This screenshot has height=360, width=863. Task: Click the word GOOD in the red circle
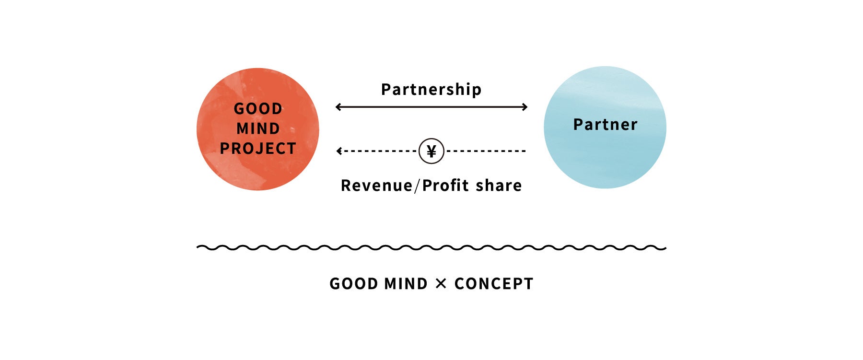[x=258, y=109]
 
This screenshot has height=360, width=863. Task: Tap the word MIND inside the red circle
[x=258, y=129]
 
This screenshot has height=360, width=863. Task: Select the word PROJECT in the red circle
[x=258, y=149]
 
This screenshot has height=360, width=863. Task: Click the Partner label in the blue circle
[x=605, y=125]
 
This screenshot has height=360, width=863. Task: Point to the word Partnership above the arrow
[x=431, y=90]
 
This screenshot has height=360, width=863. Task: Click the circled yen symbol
[x=431, y=151]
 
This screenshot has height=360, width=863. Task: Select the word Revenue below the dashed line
[x=376, y=186]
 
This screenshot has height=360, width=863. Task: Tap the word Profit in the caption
[x=445, y=186]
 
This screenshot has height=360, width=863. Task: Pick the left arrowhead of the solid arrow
[x=338, y=107]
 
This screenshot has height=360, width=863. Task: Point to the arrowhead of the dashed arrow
[x=339, y=151]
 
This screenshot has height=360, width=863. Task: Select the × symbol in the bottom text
[x=441, y=284]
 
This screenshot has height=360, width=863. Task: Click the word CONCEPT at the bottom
[x=494, y=284]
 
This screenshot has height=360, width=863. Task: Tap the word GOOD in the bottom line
[x=354, y=284]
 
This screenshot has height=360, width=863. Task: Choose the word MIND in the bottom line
[x=406, y=284]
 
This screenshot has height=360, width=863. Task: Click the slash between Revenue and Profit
[x=417, y=186]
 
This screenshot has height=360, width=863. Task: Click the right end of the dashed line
[x=525, y=151]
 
